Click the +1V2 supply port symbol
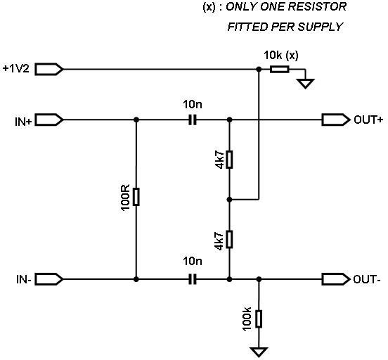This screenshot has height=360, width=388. coord(49,69)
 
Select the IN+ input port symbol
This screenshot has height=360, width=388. coord(49,120)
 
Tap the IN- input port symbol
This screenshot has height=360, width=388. coord(49,279)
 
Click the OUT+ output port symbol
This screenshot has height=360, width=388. coord(336,120)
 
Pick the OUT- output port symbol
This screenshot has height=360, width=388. coord(336,279)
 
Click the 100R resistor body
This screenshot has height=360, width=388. coord(136,197)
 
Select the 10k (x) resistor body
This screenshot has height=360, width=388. coord(279,70)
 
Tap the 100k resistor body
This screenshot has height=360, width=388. coord(259,319)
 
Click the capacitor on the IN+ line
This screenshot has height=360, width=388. coord(193,120)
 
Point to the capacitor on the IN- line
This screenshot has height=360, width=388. coord(193,279)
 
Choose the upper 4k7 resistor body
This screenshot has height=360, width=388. coord(229,160)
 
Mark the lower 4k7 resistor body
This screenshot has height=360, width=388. coord(229,239)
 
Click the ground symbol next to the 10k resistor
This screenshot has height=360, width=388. coord(306,83)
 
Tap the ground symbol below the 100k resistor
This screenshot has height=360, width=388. coord(259,352)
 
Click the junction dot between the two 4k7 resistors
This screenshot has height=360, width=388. coord(229,199)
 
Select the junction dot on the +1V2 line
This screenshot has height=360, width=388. coord(259,70)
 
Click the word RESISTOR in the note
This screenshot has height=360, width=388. coord(317,7)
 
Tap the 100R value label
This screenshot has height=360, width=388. coord(125,198)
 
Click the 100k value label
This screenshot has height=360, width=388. coord(247,319)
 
